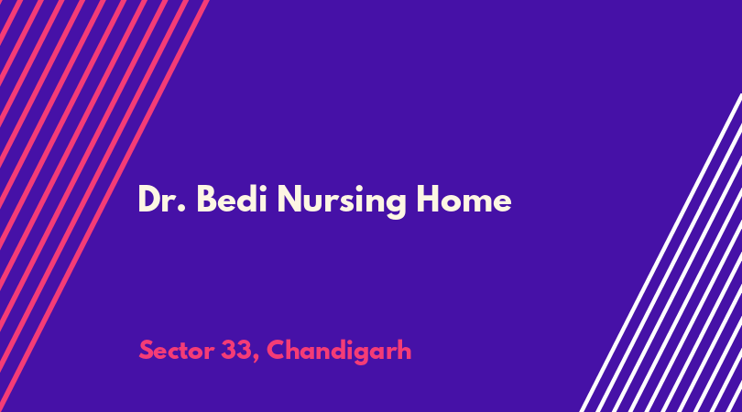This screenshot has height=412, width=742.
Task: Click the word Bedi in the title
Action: [x=232, y=199]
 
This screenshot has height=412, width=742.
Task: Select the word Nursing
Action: [x=342, y=202]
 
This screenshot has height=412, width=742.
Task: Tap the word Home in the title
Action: [x=464, y=200]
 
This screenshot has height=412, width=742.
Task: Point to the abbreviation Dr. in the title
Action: [x=161, y=199]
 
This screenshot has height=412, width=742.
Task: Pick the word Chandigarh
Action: [x=339, y=352]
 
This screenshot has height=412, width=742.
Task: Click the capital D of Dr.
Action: [x=149, y=199]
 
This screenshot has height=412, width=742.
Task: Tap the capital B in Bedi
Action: [x=206, y=199]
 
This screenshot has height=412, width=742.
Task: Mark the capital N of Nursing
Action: [x=289, y=199]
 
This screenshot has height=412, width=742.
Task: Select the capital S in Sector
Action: [x=147, y=351]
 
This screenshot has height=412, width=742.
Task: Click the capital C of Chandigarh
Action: [x=277, y=351]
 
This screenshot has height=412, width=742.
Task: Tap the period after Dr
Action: [x=181, y=209]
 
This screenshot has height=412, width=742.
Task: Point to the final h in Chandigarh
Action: [x=405, y=350]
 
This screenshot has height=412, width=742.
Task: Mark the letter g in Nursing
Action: [x=395, y=206]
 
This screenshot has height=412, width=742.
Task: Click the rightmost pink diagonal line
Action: [x=104, y=206]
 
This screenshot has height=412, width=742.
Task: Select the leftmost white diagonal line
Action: [x=660, y=253]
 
